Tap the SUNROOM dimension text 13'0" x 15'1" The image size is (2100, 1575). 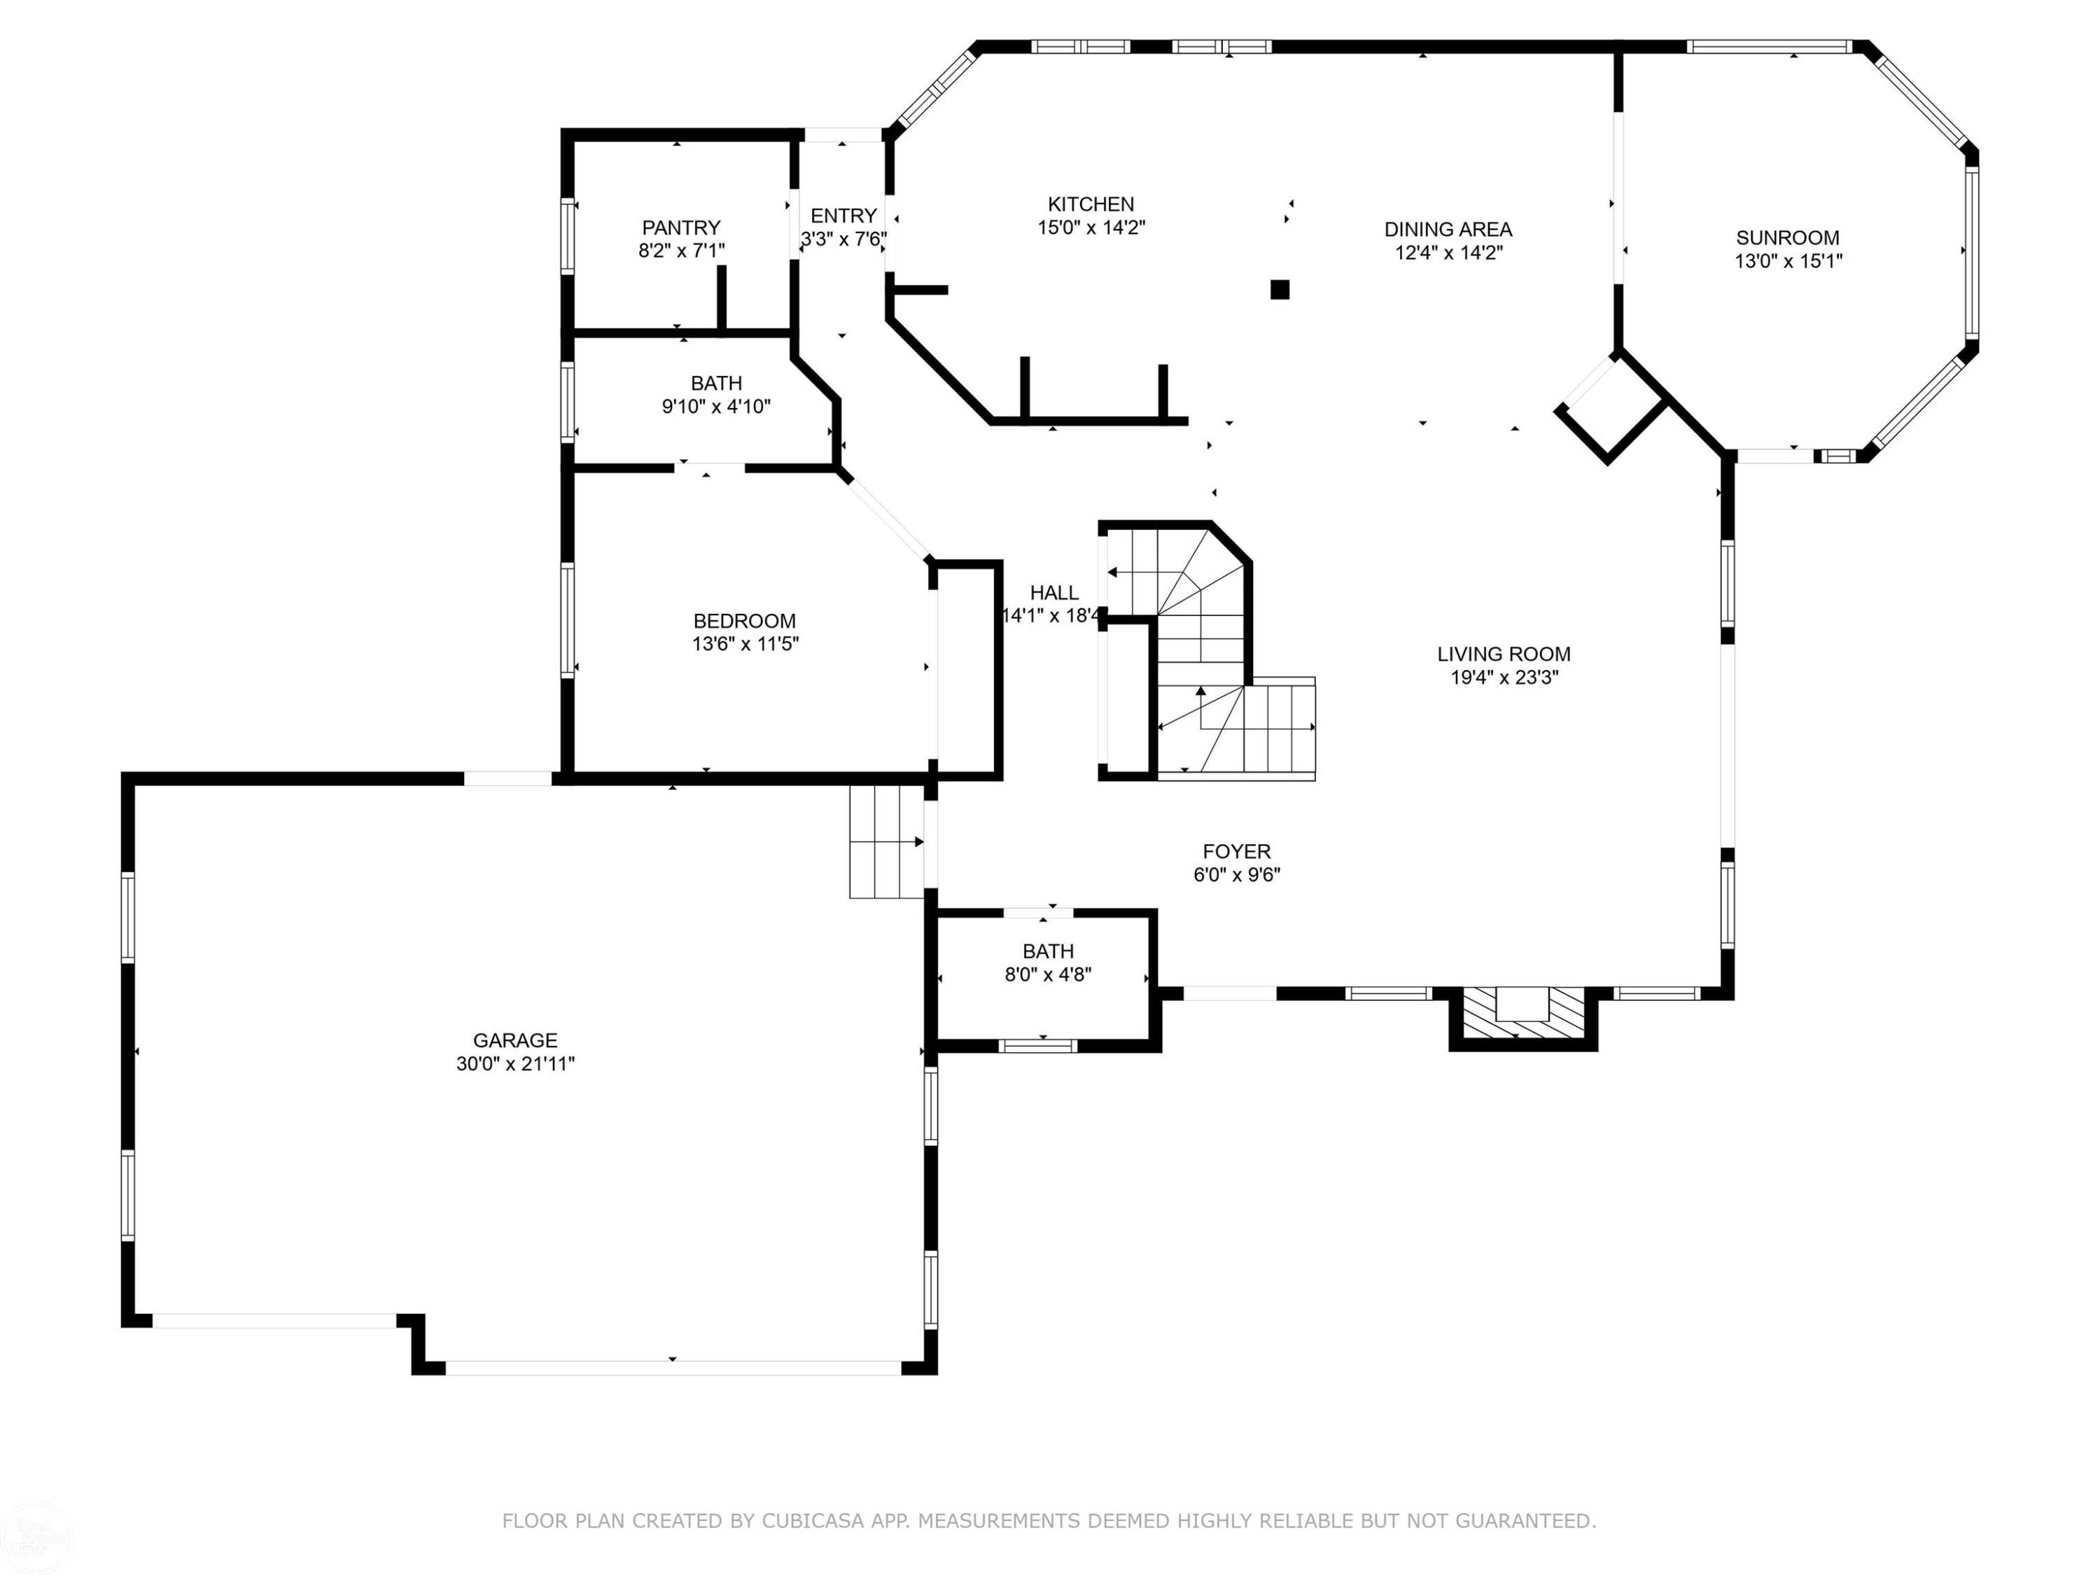(1788, 261)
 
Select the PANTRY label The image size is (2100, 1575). (680, 227)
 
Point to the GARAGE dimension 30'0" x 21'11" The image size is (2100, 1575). (515, 1064)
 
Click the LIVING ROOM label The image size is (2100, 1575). (1504, 654)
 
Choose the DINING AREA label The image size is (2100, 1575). (1448, 230)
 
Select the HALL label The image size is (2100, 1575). (1053, 592)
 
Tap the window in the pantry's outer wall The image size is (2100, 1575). (568, 237)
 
